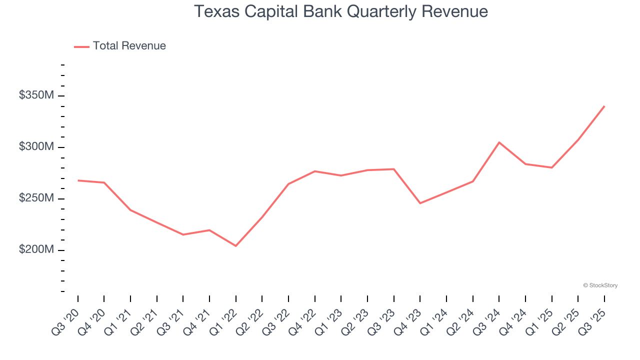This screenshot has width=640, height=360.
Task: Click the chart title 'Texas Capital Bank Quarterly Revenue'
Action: [340, 11]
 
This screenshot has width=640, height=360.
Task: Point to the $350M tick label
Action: [36, 95]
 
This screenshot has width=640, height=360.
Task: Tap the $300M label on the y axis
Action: [36, 147]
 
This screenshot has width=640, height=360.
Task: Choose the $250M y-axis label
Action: [36, 198]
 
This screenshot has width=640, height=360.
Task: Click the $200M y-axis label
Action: [36, 250]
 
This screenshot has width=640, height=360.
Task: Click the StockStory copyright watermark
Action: [600, 285]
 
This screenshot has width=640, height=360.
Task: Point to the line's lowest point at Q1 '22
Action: [235, 246]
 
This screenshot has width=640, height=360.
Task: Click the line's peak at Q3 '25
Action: [604, 106]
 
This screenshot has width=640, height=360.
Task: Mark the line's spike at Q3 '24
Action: [499, 142]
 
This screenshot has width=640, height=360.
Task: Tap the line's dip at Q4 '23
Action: [420, 203]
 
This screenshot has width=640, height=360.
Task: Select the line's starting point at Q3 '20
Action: [78, 180]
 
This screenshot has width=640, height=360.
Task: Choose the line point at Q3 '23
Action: [394, 169]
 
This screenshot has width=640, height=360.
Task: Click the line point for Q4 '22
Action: [314, 171]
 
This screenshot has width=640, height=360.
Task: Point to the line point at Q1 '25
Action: [551, 167]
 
